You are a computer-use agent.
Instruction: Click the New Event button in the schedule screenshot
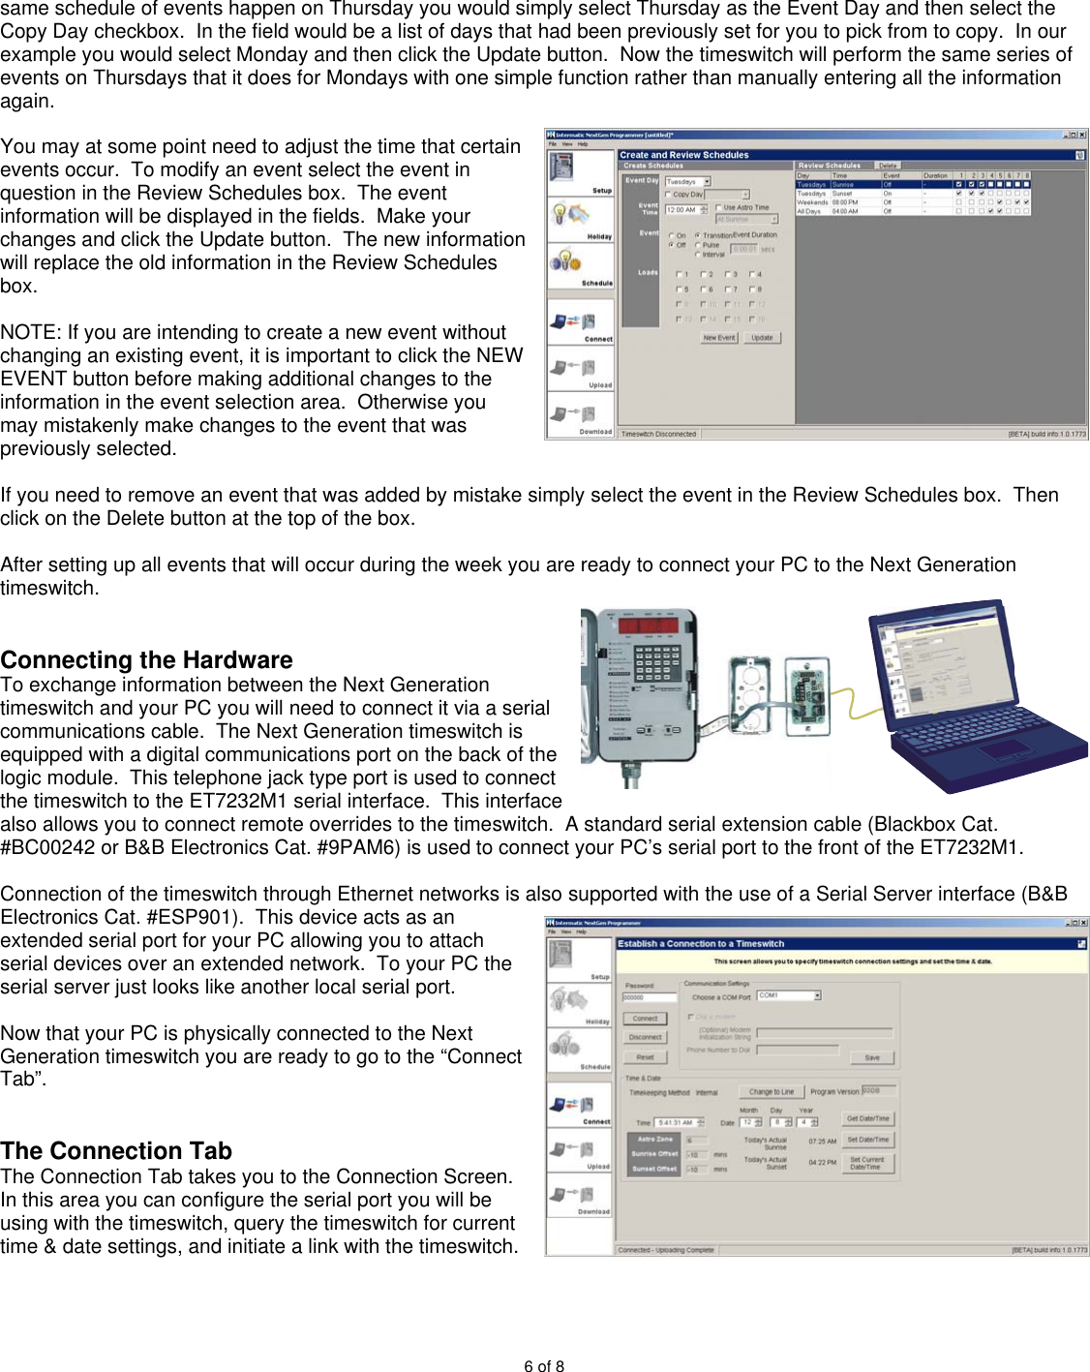pyautogui.click(x=719, y=338)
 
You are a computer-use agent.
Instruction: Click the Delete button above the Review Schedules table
pyautogui.click(x=887, y=166)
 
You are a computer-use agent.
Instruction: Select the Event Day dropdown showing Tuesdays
pyautogui.click(x=687, y=182)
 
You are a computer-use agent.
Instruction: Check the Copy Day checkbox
pyautogui.click(x=668, y=195)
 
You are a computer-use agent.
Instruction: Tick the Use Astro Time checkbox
pyautogui.click(x=718, y=207)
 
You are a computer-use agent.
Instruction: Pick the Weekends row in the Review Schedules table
pyautogui.click(x=811, y=202)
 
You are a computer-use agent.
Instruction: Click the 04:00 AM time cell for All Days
pyautogui.click(x=844, y=211)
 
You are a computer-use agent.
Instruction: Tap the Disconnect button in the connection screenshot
pyautogui.click(x=646, y=1037)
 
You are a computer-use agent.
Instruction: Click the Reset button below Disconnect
pyautogui.click(x=646, y=1057)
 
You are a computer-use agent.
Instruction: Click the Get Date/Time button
pyautogui.click(x=867, y=1118)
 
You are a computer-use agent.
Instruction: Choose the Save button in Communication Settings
pyautogui.click(x=871, y=1057)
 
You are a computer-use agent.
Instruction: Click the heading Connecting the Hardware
pyautogui.click(x=146, y=660)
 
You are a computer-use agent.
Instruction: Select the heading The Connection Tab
pyautogui.click(x=116, y=1151)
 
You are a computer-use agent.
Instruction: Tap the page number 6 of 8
pyautogui.click(x=544, y=1366)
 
